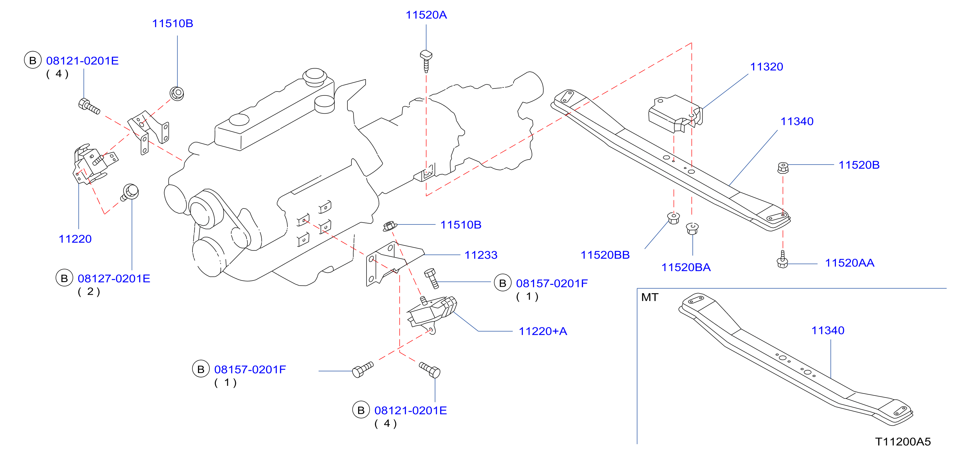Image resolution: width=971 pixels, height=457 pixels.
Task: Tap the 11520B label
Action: [859, 165]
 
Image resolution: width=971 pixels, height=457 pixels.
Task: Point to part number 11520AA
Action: [849, 263]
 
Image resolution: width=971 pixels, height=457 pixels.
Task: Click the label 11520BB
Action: [605, 255]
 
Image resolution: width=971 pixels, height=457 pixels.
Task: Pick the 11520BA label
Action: [686, 268]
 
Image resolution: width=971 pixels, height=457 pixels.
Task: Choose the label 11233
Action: [481, 255]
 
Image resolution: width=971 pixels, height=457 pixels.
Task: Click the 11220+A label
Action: [543, 331]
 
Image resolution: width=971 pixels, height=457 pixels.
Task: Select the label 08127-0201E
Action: [114, 278]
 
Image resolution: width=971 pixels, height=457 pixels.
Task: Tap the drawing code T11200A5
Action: [903, 442]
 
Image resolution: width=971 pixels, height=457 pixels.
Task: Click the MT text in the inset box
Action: [649, 297]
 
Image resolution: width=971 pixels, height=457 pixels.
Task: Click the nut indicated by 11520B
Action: [783, 168]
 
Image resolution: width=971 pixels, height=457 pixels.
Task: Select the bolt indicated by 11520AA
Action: [783, 260]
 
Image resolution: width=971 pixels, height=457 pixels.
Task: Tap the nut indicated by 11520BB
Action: [673, 218]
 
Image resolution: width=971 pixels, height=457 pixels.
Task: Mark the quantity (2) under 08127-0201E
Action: [89, 292]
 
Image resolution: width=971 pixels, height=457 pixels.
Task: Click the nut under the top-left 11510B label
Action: [177, 93]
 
